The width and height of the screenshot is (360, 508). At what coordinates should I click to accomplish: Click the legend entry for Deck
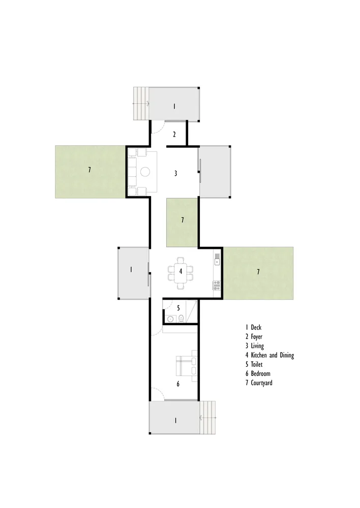click(x=253, y=327)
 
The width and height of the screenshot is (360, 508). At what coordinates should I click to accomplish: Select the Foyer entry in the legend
click(x=254, y=337)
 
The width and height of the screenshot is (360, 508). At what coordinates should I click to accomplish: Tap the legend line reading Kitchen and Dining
click(x=269, y=355)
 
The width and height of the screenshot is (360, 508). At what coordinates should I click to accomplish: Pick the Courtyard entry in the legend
click(x=259, y=383)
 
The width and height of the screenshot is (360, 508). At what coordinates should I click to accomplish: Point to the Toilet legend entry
click(x=254, y=364)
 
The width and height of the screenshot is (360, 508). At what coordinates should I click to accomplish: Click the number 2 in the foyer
click(x=174, y=134)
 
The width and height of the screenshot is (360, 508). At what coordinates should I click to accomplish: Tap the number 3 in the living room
click(x=176, y=173)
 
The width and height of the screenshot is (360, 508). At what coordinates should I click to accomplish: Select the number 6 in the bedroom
click(x=178, y=384)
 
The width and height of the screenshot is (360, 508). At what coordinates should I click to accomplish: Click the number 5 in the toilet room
click(x=178, y=308)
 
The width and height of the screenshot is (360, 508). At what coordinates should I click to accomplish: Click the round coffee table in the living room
click(x=145, y=171)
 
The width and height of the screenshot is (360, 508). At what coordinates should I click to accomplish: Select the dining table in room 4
click(x=181, y=272)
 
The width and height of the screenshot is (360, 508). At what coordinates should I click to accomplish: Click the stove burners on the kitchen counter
click(x=217, y=285)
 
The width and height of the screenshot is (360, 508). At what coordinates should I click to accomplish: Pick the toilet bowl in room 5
click(x=182, y=319)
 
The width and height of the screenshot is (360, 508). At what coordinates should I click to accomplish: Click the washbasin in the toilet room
click(x=171, y=319)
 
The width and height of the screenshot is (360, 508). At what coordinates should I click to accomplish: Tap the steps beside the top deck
click(x=141, y=103)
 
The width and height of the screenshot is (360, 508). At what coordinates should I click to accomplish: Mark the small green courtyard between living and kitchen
click(x=182, y=223)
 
